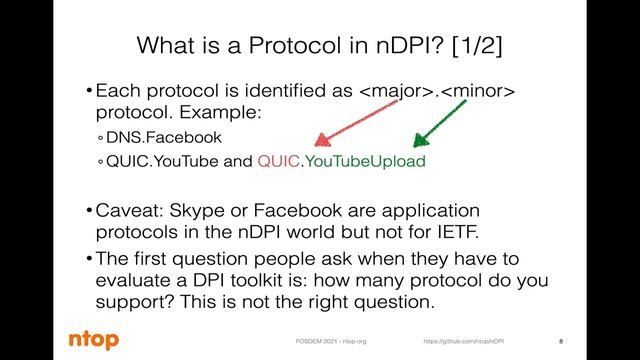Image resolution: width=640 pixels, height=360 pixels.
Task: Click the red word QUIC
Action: pyautogui.click(x=277, y=161)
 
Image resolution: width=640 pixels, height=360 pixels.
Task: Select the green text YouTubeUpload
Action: pyautogui.click(x=365, y=161)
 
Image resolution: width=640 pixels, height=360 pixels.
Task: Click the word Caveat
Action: pyautogui.click(x=129, y=210)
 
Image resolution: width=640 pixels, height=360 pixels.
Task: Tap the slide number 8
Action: pyautogui.click(x=559, y=341)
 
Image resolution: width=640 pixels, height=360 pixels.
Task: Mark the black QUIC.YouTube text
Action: pyautogui.click(x=163, y=161)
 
